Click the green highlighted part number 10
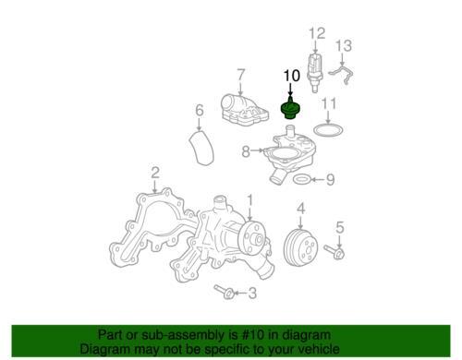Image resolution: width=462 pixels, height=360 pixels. pyautogui.click(x=291, y=109)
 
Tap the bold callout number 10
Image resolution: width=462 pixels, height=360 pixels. pyautogui.click(x=291, y=76)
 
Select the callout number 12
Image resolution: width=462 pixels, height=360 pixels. pyautogui.click(x=317, y=33)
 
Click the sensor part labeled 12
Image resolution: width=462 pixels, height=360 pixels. pyautogui.click(x=314, y=71)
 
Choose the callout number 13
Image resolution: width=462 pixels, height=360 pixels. pyautogui.click(x=343, y=45)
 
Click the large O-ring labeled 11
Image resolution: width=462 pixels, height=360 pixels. pyautogui.click(x=329, y=130)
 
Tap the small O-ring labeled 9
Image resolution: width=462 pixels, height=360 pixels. pyautogui.click(x=301, y=179)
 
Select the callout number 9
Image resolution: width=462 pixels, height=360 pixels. pyautogui.click(x=331, y=180)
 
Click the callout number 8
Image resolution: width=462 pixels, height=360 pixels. pyautogui.click(x=246, y=151)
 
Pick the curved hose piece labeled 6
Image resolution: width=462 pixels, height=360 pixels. pyautogui.click(x=201, y=148)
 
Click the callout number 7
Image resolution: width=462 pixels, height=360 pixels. pyautogui.click(x=241, y=75)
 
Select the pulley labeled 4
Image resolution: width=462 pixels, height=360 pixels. pyautogui.click(x=300, y=247)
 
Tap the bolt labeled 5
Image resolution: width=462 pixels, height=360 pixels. pyautogui.click(x=334, y=252)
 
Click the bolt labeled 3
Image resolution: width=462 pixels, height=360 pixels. pyautogui.click(x=225, y=292)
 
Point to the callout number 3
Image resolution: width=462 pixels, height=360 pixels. pyautogui.click(x=252, y=293)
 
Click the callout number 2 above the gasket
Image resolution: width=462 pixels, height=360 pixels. pyautogui.click(x=155, y=173)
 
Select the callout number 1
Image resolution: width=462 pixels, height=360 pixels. pyautogui.click(x=250, y=200)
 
